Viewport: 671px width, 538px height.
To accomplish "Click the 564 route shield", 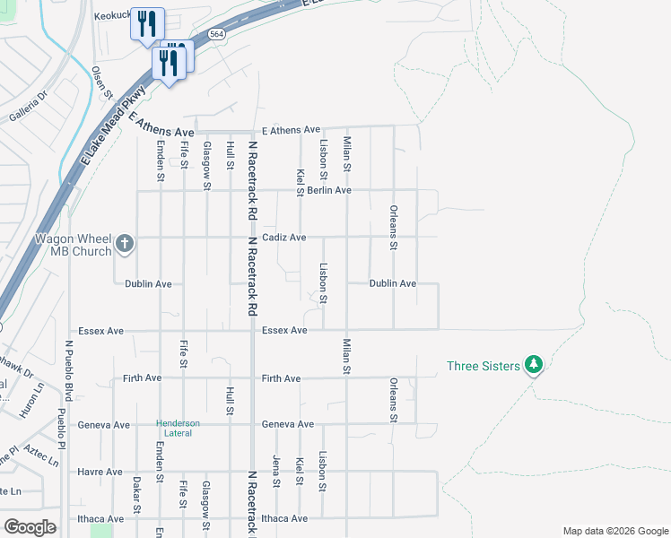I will coord(216,33).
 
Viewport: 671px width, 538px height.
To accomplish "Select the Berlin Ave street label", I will coord(328,190).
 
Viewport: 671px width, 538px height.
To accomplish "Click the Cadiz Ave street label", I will coord(284,238).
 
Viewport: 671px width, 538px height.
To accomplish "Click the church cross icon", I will coord(124,243).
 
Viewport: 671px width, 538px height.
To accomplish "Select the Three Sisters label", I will coord(483,366).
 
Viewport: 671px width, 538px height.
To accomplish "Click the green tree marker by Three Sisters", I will coord(534,365).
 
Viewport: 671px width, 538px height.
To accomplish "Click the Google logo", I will coord(30,526).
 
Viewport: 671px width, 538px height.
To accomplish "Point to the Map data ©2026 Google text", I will coord(615,531).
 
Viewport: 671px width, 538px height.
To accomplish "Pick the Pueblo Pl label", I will coord(61,430).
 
